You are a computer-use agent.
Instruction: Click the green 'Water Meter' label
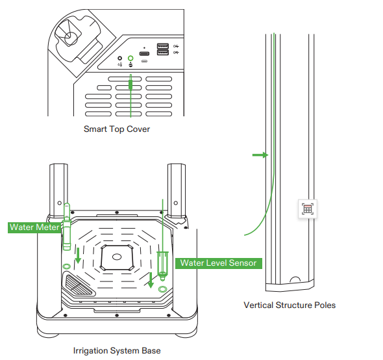pyautogui.click(x=34, y=227)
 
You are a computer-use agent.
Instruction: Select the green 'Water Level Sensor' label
pyautogui.click(x=219, y=263)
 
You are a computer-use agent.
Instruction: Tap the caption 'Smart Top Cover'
pyautogui.click(x=117, y=129)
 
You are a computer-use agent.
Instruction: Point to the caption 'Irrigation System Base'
pyautogui.click(x=117, y=351)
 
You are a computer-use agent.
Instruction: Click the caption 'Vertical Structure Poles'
pyautogui.click(x=290, y=305)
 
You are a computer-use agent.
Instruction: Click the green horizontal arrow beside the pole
pyautogui.click(x=259, y=155)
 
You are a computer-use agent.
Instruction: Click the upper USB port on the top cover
pyautogui.click(x=162, y=46)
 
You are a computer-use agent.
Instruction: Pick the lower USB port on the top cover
pyautogui.click(x=162, y=53)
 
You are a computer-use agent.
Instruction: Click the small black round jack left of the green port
pyautogui.click(x=119, y=58)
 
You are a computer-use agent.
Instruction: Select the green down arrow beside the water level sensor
pyautogui.click(x=151, y=279)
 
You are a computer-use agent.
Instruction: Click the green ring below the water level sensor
pyautogui.click(x=162, y=288)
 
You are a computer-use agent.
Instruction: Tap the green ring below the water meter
pyautogui.click(x=66, y=266)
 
